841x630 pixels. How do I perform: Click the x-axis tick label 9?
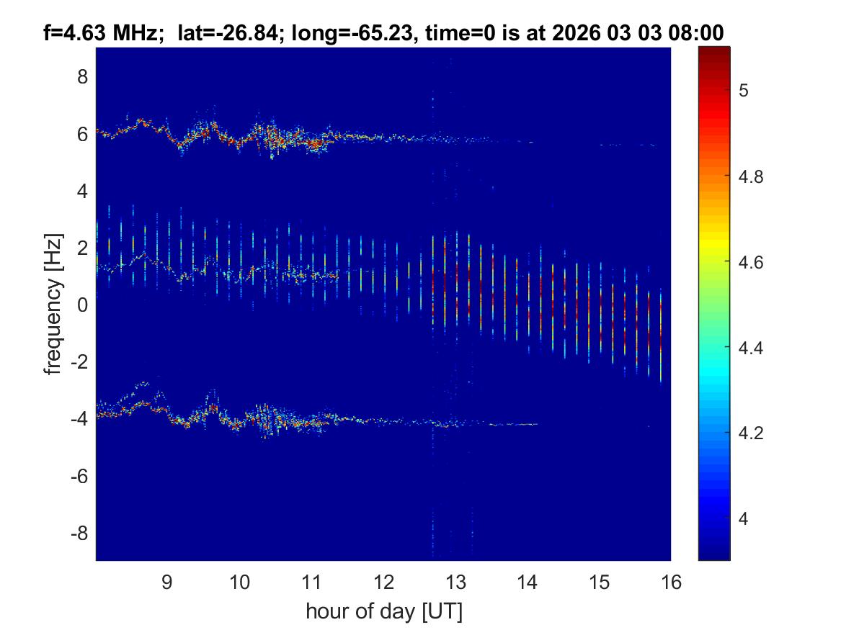click(x=166, y=582)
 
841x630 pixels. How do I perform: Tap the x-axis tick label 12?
click(x=383, y=582)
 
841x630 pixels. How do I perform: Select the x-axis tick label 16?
click(x=671, y=582)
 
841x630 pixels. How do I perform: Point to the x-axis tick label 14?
click(x=527, y=582)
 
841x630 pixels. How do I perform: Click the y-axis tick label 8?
click(x=82, y=76)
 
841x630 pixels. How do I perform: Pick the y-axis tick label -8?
click(x=79, y=534)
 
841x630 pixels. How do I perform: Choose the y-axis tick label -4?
click(x=79, y=420)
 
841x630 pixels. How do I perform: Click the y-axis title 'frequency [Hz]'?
click(x=52, y=304)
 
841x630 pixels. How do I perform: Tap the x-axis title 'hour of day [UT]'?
click(x=383, y=612)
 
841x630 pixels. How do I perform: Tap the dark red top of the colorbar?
click(x=714, y=50)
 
